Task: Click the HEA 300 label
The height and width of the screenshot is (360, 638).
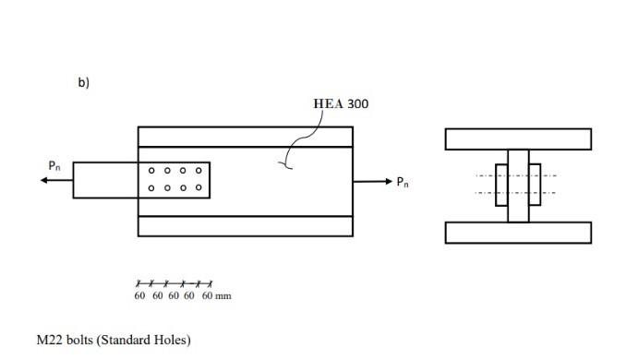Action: [341, 103]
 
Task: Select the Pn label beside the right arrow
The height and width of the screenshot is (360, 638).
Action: [403, 182]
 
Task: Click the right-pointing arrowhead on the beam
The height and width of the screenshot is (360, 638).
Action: [388, 181]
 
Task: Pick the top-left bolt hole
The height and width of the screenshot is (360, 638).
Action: [152, 171]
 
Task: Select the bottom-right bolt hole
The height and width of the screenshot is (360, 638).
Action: [198, 188]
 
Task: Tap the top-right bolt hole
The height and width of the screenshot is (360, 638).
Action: [198, 171]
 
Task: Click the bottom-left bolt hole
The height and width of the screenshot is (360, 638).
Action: [152, 188]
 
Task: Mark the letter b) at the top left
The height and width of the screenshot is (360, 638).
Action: [83, 83]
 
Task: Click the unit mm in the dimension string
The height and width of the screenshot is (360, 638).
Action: [222, 296]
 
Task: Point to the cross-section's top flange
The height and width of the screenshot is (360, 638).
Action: [517, 138]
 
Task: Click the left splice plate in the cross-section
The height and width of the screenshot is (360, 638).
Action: [501, 185]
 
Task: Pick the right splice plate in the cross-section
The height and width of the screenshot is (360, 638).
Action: [535, 185]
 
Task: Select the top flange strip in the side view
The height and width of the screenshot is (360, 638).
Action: [245, 136]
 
